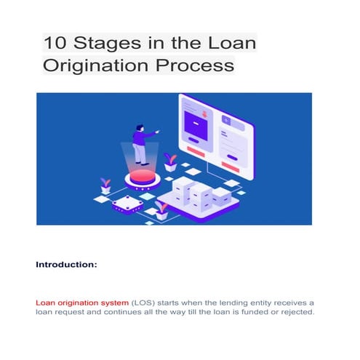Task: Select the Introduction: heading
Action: click(66, 265)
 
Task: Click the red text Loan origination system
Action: click(82, 301)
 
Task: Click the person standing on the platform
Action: click(140, 144)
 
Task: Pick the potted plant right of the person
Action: click(170, 161)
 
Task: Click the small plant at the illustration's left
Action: click(105, 185)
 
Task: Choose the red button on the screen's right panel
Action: click(236, 156)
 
